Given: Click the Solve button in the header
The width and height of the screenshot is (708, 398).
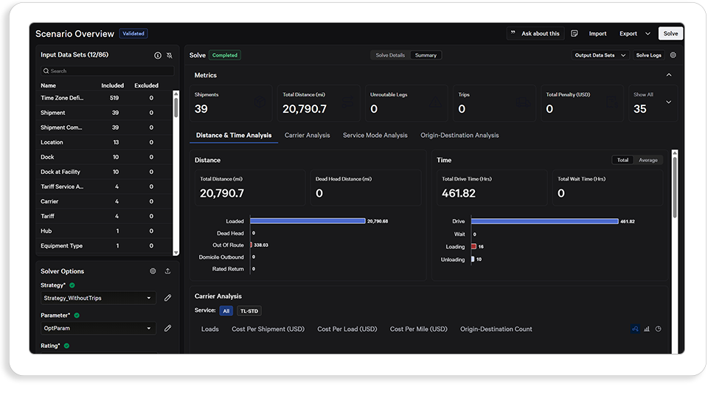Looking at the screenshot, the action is [x=670, y=33].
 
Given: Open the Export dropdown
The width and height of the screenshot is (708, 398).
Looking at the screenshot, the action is [x=634, y=33].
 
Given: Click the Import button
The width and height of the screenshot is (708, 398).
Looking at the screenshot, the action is [x=597, y=33].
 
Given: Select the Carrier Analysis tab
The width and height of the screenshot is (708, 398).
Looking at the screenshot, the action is [x=307, y=136].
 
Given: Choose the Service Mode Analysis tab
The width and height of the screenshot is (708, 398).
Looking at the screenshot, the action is [x=375, y=136].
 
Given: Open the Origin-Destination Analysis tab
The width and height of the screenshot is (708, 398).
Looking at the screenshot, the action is [x=459, y=136].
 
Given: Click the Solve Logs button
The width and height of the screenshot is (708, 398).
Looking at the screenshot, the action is [x=648, y=55].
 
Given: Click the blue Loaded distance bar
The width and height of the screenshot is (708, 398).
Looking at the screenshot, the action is [x=308, y=220].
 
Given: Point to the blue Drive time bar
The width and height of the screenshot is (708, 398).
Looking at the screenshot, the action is [x=544, y=221].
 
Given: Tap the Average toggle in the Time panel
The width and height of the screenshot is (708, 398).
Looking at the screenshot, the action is [x=648, y=160].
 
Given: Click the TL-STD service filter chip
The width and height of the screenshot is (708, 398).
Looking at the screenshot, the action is [x=249, y=311].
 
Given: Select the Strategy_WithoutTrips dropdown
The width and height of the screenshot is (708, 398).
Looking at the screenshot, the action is [x=98, y=298].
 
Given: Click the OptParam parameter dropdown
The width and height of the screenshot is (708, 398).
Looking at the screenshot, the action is [x=98, y=328].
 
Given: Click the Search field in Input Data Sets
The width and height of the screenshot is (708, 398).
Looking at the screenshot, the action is [x=108, y=71].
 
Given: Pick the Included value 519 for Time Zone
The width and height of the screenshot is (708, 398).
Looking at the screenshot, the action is [x=114, y=98].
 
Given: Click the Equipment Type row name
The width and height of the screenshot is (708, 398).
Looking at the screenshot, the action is [x=61, y=246].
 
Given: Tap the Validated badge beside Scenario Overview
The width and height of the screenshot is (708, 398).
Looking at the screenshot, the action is [x=133, y=33].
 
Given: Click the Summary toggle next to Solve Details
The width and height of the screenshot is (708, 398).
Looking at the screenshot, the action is [x=426, y=55].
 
